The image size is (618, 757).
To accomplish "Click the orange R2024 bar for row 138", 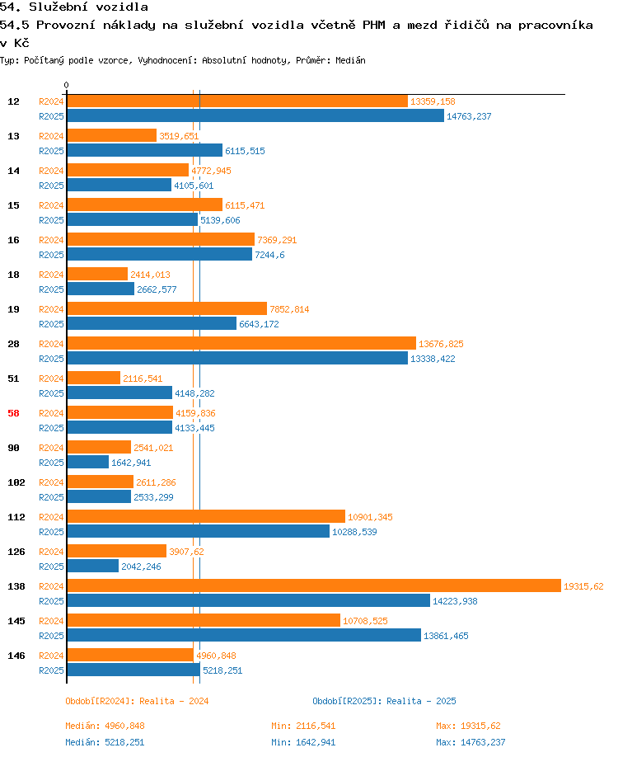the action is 314,585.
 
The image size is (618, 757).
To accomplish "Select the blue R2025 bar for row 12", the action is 255,115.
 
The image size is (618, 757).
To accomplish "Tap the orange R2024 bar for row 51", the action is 94,378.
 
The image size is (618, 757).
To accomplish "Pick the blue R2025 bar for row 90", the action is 88,462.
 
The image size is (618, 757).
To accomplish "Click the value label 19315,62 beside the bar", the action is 583,586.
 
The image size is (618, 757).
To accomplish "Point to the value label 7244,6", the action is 269,255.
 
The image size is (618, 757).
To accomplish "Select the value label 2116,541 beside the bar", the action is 143,378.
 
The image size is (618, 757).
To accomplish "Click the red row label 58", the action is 13,413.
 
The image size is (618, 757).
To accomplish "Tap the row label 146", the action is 16,655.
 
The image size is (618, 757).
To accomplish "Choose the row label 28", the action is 13,344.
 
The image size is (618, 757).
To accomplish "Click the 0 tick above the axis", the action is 66,85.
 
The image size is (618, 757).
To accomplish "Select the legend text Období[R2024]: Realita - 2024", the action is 137,701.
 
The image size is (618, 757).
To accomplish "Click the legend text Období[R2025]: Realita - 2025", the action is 384,701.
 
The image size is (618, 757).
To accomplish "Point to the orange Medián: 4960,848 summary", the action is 105,726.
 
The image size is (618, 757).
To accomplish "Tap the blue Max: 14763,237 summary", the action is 471,742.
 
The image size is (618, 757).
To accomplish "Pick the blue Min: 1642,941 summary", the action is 303,742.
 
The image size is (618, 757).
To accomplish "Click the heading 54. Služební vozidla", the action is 74,7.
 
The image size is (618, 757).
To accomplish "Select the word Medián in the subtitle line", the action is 350,60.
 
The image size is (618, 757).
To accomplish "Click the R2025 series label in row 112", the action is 51,532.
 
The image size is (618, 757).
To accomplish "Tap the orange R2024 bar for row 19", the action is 167,308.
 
